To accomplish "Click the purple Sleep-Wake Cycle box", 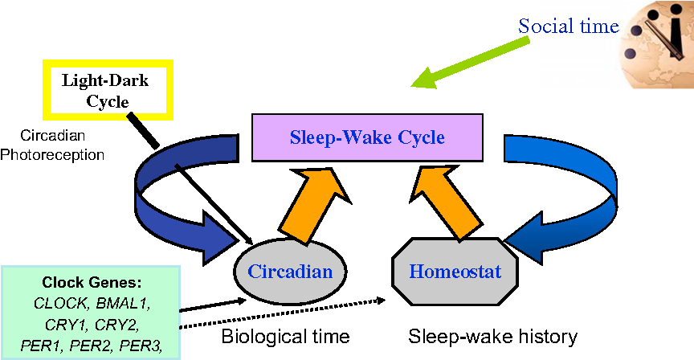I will coord(366,137).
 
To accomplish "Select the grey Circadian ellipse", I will coord(290,272).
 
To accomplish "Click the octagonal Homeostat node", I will coord(455,272).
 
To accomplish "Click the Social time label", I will coord(568,26).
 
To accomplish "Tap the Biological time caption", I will coord(285,335).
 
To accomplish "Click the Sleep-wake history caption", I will coord(492,335).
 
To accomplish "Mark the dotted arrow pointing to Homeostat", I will coord(289,313).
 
